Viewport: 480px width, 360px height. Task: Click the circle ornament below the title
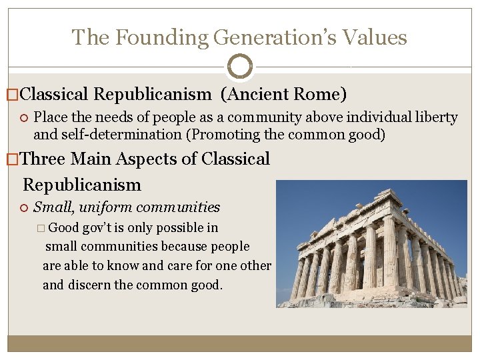coord(240,67)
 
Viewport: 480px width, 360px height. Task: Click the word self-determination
coord(122,134)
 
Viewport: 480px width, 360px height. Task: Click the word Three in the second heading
coord(44,159)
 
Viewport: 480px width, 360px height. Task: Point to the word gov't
coord(103,227)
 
